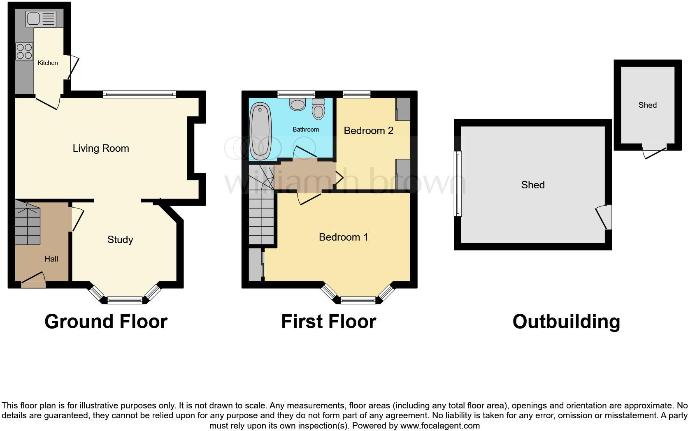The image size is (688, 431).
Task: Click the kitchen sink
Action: pos(40,19)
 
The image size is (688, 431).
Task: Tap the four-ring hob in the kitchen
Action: pos(24,51)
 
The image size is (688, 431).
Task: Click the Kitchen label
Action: pos(48,63)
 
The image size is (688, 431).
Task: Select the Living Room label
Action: pos(101,148)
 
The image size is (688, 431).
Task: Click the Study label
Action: pos(120,240)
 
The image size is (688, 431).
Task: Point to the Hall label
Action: pos(51,259)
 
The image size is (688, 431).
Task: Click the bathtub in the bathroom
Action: pos(260,131)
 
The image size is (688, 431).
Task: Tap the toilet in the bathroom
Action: pos(318,109)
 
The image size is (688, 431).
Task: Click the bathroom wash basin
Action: pos(297,104)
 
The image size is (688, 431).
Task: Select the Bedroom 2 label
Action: pos(369,131)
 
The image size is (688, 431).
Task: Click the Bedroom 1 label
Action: pos(343,237)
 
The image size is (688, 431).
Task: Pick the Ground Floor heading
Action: pos(106,322)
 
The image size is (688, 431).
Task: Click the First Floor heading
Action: pos(328,322)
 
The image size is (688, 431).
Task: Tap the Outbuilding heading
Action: pos(566,322)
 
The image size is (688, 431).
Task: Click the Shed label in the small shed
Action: pos(647,105)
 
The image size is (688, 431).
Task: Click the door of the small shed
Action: pos(655,152)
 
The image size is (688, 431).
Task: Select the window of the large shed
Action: pos(458,183)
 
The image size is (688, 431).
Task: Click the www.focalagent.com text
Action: pos(440,426)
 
